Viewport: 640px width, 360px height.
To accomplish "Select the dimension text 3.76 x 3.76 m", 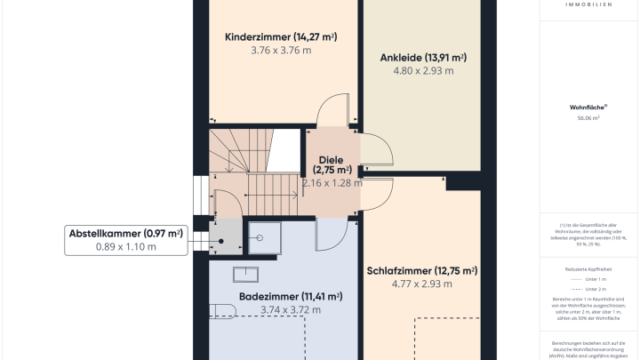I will tap(281, 51).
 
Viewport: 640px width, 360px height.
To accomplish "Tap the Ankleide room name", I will tap(423, 57).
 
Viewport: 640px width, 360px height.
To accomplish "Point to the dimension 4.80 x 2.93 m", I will tap(423, 71).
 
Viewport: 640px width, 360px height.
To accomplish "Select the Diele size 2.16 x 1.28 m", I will tap(332, 183).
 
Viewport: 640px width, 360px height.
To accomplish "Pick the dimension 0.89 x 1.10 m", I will tap(125, 247).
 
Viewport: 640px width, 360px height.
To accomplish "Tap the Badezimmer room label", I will tap(291, 296).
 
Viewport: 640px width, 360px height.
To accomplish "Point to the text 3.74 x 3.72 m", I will tap(291, 310).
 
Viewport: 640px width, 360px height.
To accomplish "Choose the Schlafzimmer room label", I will tap(422, 270).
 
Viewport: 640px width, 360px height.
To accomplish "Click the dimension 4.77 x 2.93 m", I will tap(422, 284).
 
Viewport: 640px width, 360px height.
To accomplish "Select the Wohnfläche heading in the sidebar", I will tap(587, 107).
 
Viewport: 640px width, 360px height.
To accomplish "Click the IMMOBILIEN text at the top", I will tap(587, 4).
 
